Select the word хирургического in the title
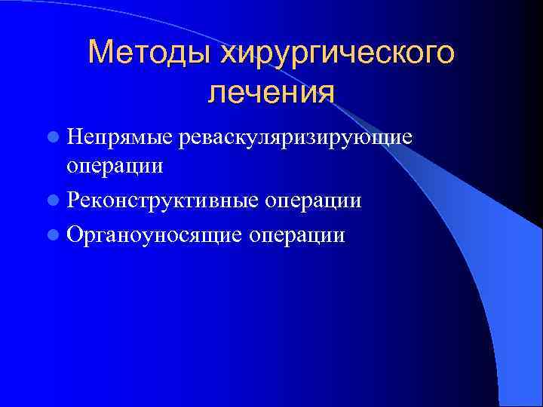click(336, 54)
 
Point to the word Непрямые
click(120, 136)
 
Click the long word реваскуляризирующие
click(295, 136)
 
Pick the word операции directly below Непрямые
click(115, 164)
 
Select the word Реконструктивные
click(160, 200)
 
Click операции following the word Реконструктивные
click(311, 200)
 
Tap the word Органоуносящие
click(154, 235)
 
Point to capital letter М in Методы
click(99, 54)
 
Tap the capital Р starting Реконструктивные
click(73, 200)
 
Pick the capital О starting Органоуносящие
click(75, 235)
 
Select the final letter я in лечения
click(325, 93)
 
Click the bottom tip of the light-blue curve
click(499, 404)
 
